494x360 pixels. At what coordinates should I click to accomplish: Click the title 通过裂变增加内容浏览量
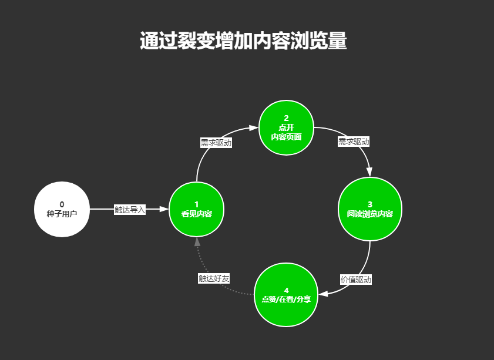pyautogui.click(x=243, y=42)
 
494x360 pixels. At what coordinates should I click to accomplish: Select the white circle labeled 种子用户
pyautogui.click(x=62, y=209)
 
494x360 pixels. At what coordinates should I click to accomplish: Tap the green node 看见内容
pyautogui.click(x=196, y=209)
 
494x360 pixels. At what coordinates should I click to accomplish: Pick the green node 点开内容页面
pyautogui.click(x=286, y=128)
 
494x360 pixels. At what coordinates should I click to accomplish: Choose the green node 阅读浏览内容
pyautogui.click(x=370, y=209)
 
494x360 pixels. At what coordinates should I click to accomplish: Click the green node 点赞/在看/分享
pyautogui.click(x=286, y=295)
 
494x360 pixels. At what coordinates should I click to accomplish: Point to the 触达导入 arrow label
pyautogui.click(x=129, y=209)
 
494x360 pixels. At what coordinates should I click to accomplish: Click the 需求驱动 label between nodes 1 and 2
pyautogui.click(x=216, y=143)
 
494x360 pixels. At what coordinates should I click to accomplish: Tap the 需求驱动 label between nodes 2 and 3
pyautogui.click(x=354, y=142)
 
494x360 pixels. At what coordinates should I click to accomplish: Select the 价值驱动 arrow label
pyautogui.click(x=356, y=280)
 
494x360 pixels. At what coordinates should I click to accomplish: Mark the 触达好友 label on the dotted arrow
pyautogui.click(x=214, y=278)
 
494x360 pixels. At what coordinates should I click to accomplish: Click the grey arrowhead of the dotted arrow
pyautogui.click(x=197, y=241)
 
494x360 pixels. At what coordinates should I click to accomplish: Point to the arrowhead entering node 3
pyautogui.click(x=369, y=171)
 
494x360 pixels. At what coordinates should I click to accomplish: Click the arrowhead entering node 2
pyautogui.click(x=254, y=127)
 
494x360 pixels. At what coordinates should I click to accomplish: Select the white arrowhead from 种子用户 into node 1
pyautogui.click(x=164, y=209)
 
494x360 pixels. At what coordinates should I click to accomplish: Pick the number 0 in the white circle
pyautogui.click(x=62, y=204)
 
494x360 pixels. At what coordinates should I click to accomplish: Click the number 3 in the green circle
pyautogui.click(x=370, y=204)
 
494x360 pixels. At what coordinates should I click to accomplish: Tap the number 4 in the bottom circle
pyautogui.click(x=286, y=290)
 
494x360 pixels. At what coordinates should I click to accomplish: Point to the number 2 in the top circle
pyautogui.click(x=286, y=119)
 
